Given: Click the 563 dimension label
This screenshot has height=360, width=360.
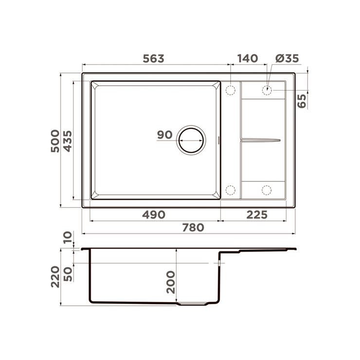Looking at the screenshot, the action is (153, 58).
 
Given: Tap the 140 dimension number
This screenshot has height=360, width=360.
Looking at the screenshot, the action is (248, 58).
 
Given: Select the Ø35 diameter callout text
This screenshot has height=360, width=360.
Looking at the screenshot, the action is (287, 58).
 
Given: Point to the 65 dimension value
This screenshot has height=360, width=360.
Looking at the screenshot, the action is (302, 101).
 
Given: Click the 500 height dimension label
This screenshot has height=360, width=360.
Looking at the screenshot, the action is (55, 141).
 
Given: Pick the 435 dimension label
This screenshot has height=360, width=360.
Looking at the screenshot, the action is (68, 141).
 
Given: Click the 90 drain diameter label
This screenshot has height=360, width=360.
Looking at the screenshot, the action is (164, 135).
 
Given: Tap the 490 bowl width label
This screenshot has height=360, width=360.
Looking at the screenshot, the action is (154, 215).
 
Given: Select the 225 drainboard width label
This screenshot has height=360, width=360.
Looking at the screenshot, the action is (257, 215).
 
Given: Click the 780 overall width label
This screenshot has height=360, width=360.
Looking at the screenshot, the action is (193, 228).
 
